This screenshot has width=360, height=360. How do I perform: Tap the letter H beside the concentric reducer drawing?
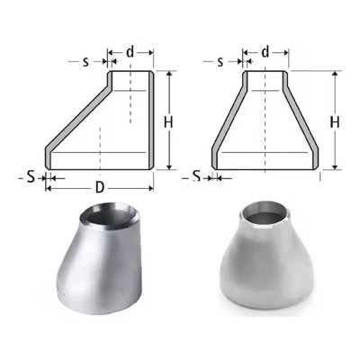pyautogui.click(x=335, y=121)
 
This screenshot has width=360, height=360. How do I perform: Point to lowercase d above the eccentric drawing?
pyautogui.click(x=130, y=53)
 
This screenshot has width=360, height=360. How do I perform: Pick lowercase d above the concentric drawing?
pyautogui.click(x=265, y=53)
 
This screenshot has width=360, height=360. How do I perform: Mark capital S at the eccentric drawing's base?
pyautogui.click(x=30, y=176)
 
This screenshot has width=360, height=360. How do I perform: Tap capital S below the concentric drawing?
pyautogui.click(x=196, y=176)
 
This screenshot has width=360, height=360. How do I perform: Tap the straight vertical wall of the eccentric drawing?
pyautogui.click(x=150, y=121)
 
